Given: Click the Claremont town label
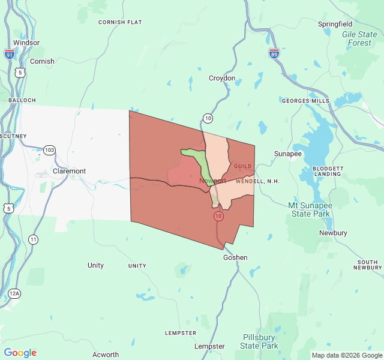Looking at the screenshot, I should click(x=69, y=171).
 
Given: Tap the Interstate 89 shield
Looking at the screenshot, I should click(x=274, y=54).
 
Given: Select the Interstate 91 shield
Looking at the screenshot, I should click(x=9, y=55).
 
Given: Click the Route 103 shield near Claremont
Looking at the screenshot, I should click(x=49, y=149).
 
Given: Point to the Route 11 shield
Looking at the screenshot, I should click(x=33, y=239).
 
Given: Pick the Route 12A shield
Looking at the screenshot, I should click(x=14, y=293).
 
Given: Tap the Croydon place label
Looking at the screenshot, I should click(x=221, y=78).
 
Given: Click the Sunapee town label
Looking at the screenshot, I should click(x=288, y=154).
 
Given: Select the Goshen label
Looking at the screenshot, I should click(x=235, y=257).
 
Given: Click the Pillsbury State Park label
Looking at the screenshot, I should click(x=259, y=341).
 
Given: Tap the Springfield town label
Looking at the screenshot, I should click(x=336, y=24).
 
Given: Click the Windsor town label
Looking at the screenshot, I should click(x=26, y=43).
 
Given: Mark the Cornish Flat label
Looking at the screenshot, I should click(x=120, y=22).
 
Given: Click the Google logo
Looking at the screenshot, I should click(x=20, y=353).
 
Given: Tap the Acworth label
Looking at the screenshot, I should click(x=106, y=355).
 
